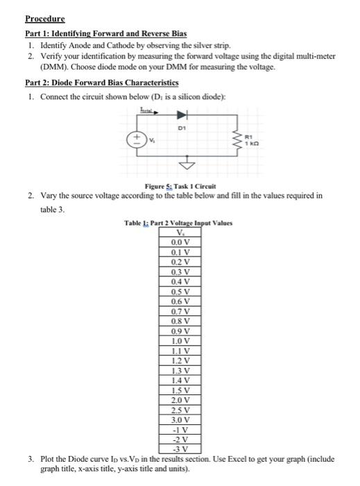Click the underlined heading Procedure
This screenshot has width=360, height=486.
coord(45,19)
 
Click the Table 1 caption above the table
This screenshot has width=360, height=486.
coord(177,224)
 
